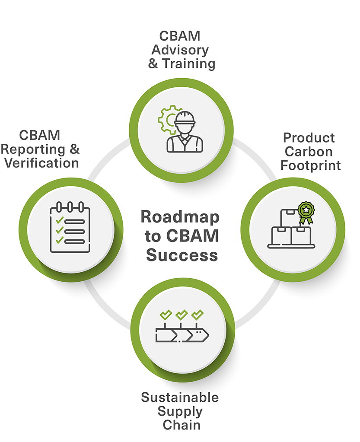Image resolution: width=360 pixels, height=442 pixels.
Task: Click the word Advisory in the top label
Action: (180, 50)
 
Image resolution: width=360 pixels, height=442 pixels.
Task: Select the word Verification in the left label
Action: (40, 163)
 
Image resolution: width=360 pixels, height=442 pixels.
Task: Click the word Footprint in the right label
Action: (311, 165)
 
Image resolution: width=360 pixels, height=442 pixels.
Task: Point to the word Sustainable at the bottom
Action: (180, 397)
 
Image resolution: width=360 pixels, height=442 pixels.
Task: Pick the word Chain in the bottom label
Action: (182, 425)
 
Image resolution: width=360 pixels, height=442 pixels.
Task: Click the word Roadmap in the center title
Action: (180, 216)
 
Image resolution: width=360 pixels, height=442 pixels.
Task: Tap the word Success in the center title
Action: (182, 255)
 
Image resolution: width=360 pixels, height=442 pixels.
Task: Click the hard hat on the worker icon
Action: (186, 118)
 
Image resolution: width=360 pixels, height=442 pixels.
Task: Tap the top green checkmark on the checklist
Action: (60, 219)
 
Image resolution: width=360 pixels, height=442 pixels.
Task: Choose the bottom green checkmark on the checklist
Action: (60, 239)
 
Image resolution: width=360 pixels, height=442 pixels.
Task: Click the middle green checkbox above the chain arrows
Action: (182, 314)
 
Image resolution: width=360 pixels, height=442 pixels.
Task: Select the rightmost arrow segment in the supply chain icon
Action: (200, 334)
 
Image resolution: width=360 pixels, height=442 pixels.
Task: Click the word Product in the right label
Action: (309, 138)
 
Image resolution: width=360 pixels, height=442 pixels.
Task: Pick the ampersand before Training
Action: (153, 64)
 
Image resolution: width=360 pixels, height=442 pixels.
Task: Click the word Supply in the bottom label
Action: (181, 411)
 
